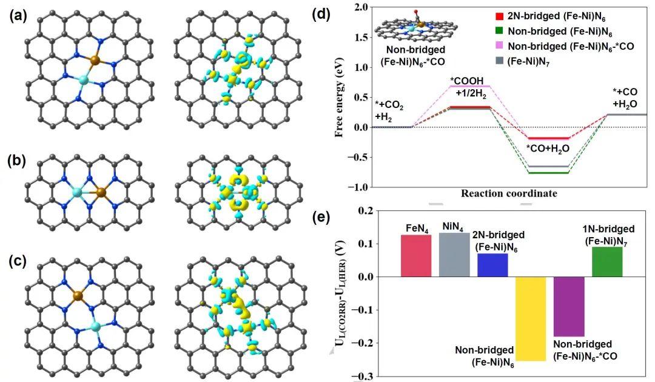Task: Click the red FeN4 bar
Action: point(416,256)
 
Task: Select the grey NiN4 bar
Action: point(454,255)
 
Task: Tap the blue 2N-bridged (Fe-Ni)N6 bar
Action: point(492,265)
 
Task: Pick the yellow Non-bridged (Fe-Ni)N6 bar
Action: point(530,318)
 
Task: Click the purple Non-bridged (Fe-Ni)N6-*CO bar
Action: point(569,306)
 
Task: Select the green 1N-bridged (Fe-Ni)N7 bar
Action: point(607,262)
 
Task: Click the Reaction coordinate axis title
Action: point(509,194)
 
